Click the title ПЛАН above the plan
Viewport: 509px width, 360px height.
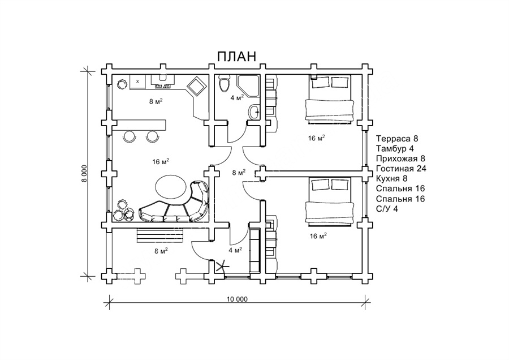(236, 57)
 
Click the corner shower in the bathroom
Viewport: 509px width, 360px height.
(248, 85)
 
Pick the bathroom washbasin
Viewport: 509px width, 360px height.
(254, 112)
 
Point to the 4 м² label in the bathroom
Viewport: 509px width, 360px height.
(237, 97)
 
